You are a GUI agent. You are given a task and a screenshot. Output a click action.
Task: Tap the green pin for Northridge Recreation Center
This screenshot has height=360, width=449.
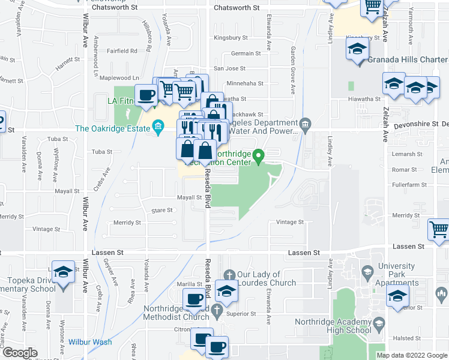[259, 157]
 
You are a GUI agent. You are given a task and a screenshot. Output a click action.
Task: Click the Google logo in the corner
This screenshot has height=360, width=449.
[20, 353]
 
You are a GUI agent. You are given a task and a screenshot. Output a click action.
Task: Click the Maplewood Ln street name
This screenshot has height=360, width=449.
[119, 78]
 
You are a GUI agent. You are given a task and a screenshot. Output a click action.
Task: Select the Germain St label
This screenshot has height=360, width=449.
[246, 53]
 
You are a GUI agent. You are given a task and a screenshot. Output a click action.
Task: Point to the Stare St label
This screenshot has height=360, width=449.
[162, 211]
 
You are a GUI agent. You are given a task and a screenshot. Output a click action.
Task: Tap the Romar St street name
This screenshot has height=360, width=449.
[404, 170]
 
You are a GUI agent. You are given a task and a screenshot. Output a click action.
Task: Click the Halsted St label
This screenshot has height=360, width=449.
[407, 338]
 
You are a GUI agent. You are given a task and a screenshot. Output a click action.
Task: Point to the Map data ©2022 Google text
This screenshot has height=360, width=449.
[412, 355]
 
